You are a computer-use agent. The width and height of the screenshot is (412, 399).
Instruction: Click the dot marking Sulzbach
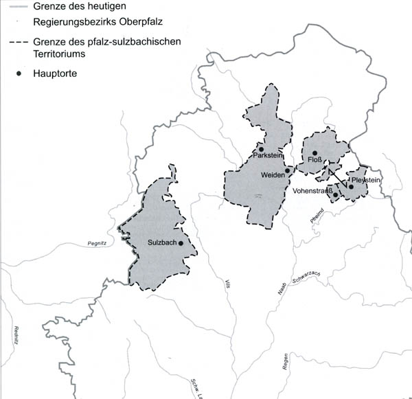[180, 242]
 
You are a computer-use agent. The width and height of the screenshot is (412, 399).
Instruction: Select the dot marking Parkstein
[261, 149]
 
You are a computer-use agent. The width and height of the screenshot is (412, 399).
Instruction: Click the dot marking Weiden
[287, 170]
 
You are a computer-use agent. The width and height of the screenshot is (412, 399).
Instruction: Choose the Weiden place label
[273, 176]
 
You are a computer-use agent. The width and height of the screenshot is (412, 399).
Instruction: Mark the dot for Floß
[314, 153]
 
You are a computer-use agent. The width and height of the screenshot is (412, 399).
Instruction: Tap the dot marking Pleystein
[351, 186]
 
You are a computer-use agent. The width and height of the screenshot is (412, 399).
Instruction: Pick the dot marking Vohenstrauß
[335, 194]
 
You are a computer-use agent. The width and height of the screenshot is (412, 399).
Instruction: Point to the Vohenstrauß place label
[312, 191]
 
